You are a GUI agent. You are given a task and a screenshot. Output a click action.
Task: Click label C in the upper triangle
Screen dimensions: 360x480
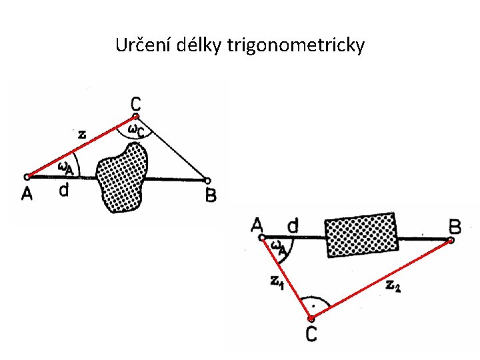click(136, 104)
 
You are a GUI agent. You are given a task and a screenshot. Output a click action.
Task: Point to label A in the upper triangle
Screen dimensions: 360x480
click(27, 193)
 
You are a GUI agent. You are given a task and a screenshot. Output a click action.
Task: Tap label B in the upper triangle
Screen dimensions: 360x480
click(211, 195)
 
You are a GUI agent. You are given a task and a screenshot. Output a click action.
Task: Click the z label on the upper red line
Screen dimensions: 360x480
click(81, 134)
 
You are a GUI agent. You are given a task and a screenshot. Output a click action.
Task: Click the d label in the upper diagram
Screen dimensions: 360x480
click(63, 191)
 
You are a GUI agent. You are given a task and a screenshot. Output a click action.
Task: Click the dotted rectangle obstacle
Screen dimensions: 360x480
click(361, 235)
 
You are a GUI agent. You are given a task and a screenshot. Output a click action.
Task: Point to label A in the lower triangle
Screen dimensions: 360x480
click(257, 225)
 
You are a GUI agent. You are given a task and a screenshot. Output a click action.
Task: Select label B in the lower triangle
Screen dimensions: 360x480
click(455, 227)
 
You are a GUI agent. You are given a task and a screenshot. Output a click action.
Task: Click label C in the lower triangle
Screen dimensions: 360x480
click(311, 333)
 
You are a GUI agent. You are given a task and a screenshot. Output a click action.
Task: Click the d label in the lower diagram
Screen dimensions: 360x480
click(292, 226)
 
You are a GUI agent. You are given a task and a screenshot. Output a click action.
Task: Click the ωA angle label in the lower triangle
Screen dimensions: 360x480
click(279, 247)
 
